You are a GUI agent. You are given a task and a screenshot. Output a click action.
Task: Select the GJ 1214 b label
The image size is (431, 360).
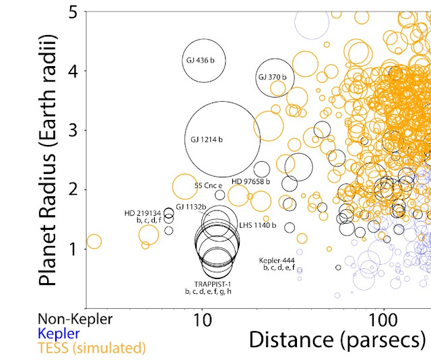click(x=203, y=140)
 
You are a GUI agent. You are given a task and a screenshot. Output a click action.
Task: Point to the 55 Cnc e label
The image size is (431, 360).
click(x=208, y=185)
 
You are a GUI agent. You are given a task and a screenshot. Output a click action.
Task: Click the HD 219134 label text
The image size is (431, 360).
click(x=143, y=213)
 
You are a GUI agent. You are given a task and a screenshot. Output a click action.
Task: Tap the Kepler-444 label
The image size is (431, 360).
click(x=277, y=260)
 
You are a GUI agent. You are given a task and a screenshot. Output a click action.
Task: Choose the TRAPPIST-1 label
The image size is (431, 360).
click(x=209, y=284)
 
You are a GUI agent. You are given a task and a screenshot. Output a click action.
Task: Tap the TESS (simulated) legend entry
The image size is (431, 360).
click(x=91, y=348)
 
